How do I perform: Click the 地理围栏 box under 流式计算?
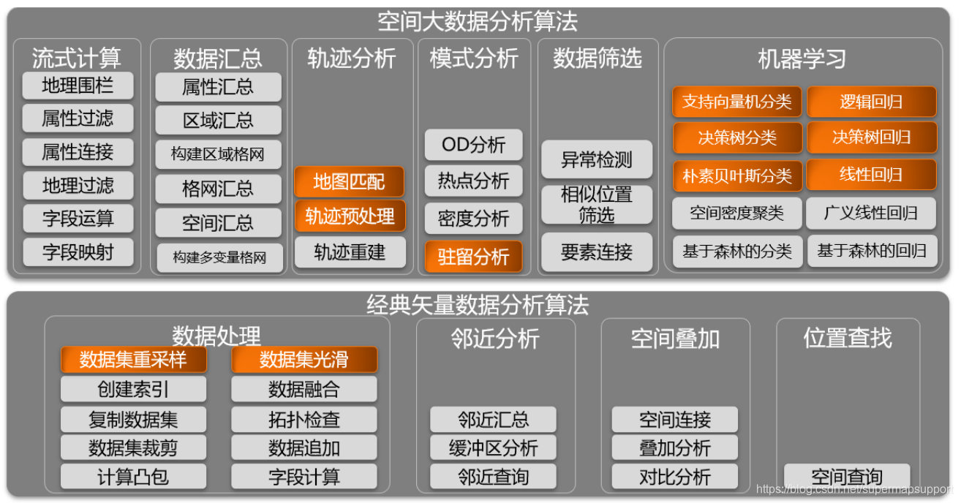point(78,86)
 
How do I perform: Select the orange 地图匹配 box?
point(349,181)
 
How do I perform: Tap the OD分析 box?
point(474,145)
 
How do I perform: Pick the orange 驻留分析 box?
point(474,257)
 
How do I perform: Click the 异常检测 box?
point(597,159)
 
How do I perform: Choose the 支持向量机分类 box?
point(736,102)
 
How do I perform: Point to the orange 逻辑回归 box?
point(871,102)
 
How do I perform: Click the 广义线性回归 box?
point(871,213)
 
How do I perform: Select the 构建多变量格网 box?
point(219,258)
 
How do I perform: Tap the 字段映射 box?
point(78,252)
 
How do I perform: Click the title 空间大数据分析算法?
point(478,21)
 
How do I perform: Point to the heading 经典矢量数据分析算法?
point(478,305)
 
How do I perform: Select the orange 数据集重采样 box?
point(133,360)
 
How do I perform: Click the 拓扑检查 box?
point(304,420)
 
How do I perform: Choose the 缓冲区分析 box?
point(494,448)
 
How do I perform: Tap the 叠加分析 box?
point(675,448)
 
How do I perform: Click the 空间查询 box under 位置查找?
point(847,477)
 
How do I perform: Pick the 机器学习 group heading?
point(802,58)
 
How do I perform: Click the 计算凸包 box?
point(133,477)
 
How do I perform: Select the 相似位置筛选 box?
point(597,205)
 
